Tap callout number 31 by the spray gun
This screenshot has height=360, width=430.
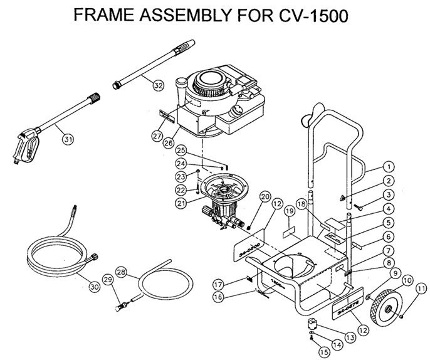coord(67,140)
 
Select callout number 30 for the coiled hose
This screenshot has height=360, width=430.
coord(94,287)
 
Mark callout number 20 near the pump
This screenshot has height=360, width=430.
coord(264,198)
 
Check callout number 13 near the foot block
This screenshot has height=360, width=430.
coord(349,337)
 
